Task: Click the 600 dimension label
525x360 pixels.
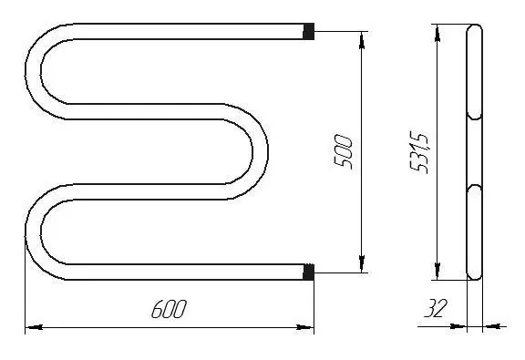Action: point(169,309)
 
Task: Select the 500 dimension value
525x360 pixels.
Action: point(344,152)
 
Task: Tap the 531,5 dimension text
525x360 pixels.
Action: point(419,153)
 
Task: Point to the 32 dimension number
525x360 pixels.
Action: point(436,308)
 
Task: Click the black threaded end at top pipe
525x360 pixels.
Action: point(308,31)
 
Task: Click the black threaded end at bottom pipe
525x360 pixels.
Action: point(308,272)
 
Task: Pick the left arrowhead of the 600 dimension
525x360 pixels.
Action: point(34,327)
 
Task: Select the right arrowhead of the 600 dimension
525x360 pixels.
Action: point(305,327)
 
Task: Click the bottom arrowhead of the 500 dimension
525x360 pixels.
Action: point(362,263)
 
